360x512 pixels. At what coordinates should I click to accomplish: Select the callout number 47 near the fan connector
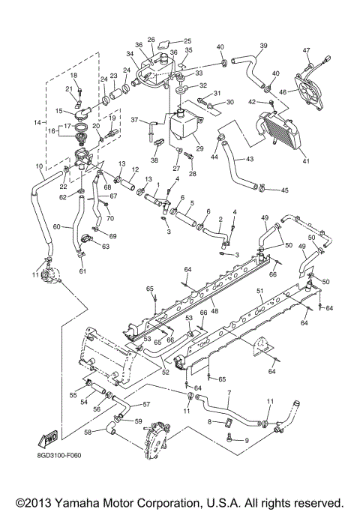(306, 51)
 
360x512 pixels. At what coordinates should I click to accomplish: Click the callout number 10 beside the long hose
(39, 166)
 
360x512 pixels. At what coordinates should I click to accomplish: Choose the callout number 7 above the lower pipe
(228, 393)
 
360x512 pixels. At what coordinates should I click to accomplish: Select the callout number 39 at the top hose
(263, 46)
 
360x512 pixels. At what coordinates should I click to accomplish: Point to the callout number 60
(55, 226)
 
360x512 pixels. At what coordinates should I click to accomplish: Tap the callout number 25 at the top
(187, 40)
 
